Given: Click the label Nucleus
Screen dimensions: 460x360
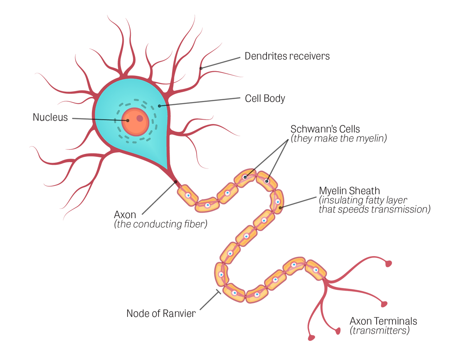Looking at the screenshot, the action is [x=50, y=117].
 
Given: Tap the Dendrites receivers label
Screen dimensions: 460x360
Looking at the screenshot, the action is [x=287, y=56].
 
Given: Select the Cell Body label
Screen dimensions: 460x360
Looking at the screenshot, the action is [x=265, y=98].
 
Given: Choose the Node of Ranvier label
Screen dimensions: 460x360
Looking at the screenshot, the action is [x=161, y=314].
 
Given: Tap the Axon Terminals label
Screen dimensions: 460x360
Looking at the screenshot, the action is [x=383, y=320].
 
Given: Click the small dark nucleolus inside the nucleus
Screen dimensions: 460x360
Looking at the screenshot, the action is [x=139, y=118].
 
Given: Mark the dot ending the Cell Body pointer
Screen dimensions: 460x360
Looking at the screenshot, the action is [x=159, y=106].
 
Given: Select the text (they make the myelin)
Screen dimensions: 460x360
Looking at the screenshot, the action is [x=339, y=139].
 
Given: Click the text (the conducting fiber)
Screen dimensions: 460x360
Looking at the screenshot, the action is [x=161, y=225].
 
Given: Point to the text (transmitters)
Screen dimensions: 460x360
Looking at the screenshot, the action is [x=379, y=331].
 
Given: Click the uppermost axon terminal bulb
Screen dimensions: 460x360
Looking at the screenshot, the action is [x=388, y=263].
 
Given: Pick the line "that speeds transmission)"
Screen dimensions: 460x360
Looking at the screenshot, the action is [x=374, y=209].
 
